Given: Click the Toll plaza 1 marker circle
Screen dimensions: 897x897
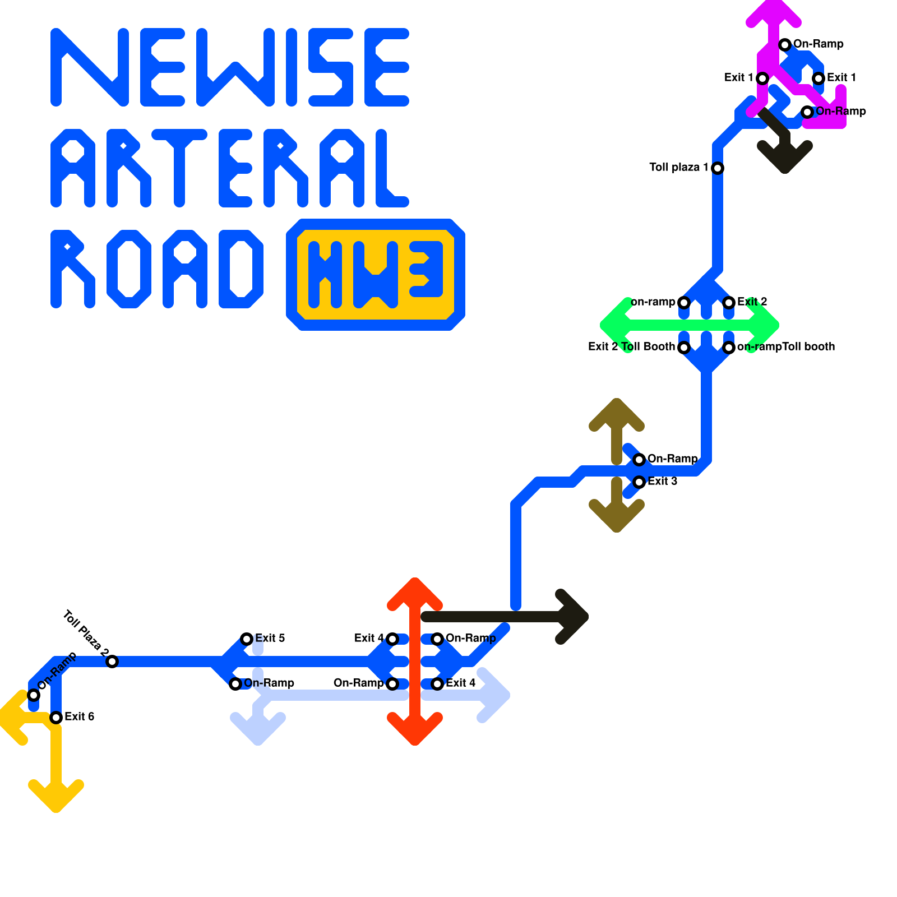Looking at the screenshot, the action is (718, 168).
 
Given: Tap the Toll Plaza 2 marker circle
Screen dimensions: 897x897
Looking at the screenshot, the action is (112, 662).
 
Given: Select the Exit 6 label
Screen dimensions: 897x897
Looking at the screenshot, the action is (79, 716).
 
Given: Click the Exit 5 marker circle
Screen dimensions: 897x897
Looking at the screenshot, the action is (247, 639).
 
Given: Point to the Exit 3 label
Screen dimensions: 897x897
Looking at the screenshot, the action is (662, 481).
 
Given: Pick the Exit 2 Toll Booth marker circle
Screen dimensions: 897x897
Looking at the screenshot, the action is (684, 348).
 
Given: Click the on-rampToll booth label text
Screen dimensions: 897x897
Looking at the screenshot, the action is (785, 346).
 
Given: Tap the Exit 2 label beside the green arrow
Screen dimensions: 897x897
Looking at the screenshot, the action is (752, 302).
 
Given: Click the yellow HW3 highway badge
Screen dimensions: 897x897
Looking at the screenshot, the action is (376, 275).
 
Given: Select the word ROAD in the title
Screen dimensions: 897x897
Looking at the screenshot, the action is (157, 269).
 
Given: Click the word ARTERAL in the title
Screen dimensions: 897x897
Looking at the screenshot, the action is (230, 168).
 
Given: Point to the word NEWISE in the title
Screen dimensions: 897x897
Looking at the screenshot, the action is (230, 67).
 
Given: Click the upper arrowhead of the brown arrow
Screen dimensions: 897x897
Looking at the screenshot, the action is (617, 412).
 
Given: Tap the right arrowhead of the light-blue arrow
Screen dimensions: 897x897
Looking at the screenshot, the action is (496, 695).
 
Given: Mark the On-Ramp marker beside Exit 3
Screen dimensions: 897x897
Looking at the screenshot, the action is (639, 460).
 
